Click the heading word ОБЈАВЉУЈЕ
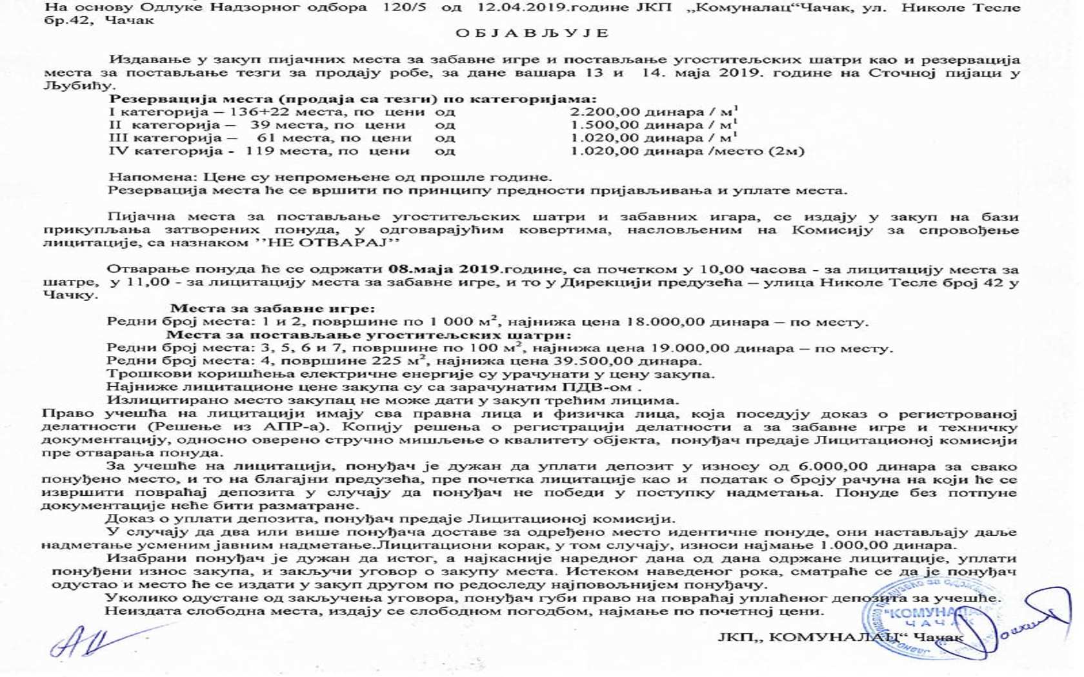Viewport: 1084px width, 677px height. [532, 33]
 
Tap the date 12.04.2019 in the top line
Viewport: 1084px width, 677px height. [514, 8]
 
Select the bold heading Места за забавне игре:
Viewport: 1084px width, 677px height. [272, 309]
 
